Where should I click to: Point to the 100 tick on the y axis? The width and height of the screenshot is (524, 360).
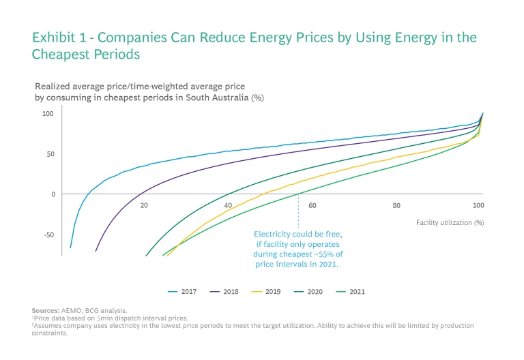(48, 113)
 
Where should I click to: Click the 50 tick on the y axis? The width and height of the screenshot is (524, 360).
(50, 154)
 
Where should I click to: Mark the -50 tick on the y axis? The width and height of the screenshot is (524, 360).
(48, 235)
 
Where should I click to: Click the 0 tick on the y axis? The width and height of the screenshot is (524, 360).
(53, 194)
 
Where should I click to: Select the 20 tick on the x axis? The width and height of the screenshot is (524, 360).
(145, 205)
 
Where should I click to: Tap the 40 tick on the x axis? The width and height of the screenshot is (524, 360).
(229, 205)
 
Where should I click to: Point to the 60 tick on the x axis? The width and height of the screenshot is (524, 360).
(312, 205)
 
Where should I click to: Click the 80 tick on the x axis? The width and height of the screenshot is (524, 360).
(396, 205)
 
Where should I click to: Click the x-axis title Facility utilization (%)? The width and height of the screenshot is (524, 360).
(450, 222)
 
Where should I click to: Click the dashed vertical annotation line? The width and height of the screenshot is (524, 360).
(298, 211)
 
